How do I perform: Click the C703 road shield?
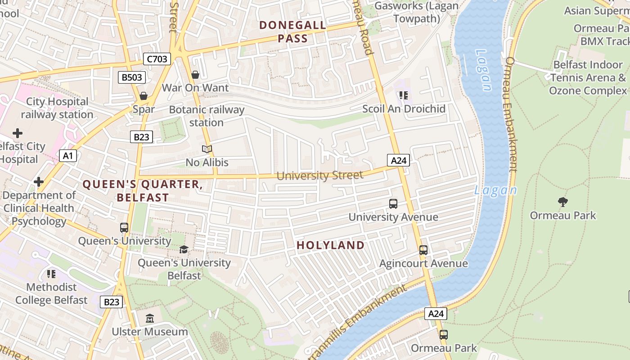pyautogui.click(x=157, y=59)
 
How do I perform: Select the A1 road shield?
pyautogui.click(x=68, y=156)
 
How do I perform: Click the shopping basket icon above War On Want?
pyautogui.click(x=195, y=74)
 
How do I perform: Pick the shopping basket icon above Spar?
pyautogui.click(x=144, y=96)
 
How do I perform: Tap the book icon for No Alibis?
pyautogui.click(x=207, y=149)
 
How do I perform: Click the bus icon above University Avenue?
pyautogui.click(x=393, y=204)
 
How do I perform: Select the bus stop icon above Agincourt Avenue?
pyautogui.click(x=423, y=250)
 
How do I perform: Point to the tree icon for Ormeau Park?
pyautogui.click(x=562, y=202)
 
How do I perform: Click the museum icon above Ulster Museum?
pyautogui.click(x=150, y=319)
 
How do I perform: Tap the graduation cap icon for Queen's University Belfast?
pyautogui.click(x=184, y=250)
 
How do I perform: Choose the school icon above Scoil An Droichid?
pyautogui.click(x=404, y=95)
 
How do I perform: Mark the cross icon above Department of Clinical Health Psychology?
pyautogui.click(x=39, y=182)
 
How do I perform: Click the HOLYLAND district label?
pyautogui.click(x=331, y=245)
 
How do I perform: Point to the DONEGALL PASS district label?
pyautogui.click(x=293, y=31)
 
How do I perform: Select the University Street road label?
pyautogui.click(x=319, y=175)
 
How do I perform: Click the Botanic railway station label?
pyautogui.click(x=207, y=116)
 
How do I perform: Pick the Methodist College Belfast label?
pyautogui.click(x=51, y=293)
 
